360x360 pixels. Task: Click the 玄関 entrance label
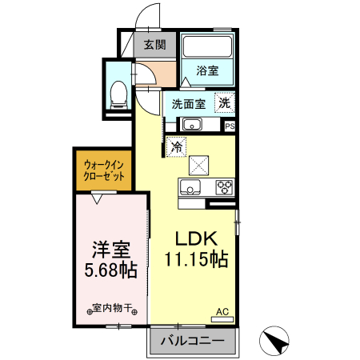(x=154, y=45)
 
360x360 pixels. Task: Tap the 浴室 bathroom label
(x=207, y=70)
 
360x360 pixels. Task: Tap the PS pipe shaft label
(x=230, y=126)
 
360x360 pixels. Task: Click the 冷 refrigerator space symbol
(x=176, y=146)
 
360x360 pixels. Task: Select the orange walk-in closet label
(x=104, y=171)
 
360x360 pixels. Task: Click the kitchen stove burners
(x=224, y=187)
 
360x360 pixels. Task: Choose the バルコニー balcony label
(x=191, y=341)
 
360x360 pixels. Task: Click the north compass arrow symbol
(x=276, y=342)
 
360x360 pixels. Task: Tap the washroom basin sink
(x=192, y=124)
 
